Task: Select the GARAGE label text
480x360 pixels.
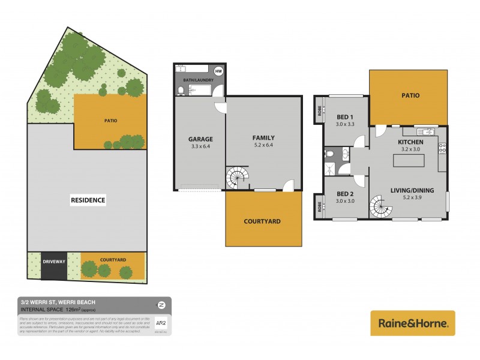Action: [x=200, y=139]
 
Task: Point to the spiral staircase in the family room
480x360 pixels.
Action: [x=236, y=178]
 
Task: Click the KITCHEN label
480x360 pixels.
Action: [x=411, y=142]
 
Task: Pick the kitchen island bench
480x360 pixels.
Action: [x=408, y=161]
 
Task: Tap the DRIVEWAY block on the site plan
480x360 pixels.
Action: [x=54, y=261]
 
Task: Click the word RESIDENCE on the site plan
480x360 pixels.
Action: [x=88, y=200]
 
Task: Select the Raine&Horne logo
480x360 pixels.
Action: [x=413, y=323]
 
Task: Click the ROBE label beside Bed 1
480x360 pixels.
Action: [x=318, y=112]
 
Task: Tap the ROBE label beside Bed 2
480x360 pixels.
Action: [x=318, y=206]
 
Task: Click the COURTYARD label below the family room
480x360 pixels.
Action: [x=262, y=221]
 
